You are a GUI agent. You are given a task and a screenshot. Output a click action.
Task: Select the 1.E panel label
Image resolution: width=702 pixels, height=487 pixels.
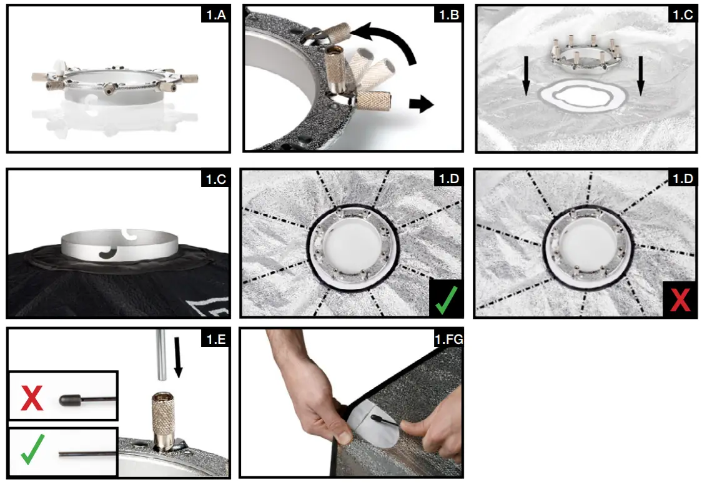tap(215, 340)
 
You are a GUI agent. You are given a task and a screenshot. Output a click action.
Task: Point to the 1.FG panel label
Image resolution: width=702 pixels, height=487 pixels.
tap(447, 340)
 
